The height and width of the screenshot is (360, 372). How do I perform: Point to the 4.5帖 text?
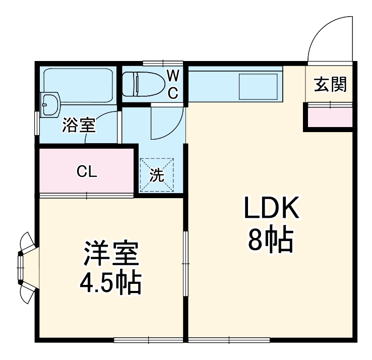(x=110, y=284)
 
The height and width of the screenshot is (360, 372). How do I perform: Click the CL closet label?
(x=87, y=172)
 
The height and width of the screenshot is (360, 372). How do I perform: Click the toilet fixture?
(x=144, y=83)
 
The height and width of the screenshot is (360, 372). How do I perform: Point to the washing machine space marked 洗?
(x=157, y=175)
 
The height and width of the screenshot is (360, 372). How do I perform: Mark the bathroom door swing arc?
(x=101, y=126)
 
